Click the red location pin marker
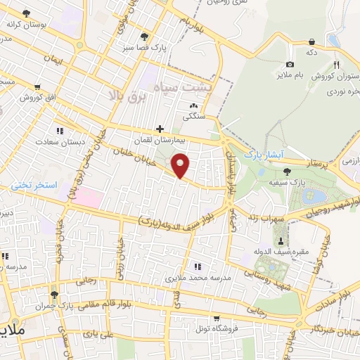pos(181,166)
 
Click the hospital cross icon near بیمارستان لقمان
pos(161,129)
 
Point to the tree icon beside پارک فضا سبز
pos(145,37)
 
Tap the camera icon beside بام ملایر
pos(290,64)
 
